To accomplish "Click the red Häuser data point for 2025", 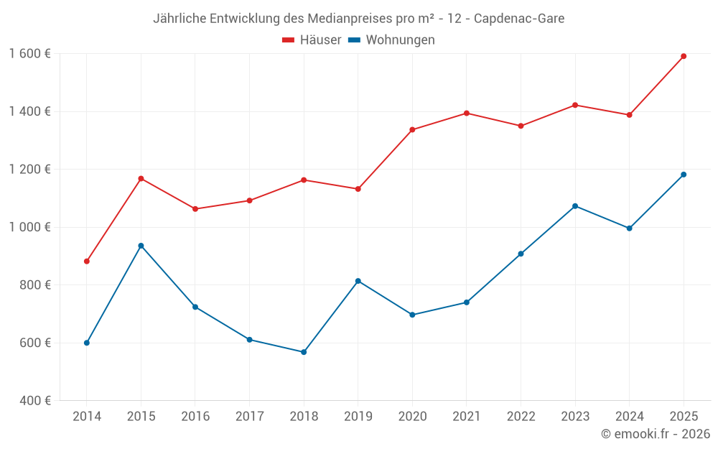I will tap(684, 56).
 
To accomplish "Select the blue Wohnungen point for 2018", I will tap(304, 352).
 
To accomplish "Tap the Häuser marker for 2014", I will tap(87, 261).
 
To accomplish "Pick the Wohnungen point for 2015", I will tap(141, 246).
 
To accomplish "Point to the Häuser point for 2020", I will tap(412, 130).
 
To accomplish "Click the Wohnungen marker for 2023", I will tap(575, 206).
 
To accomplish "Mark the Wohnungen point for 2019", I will tap(358, 281).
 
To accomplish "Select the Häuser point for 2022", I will tap(521, 126).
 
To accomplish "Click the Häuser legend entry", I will tap(312, 40).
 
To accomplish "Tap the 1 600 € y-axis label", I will tap(29, 54).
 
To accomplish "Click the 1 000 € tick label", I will tap(29, 227).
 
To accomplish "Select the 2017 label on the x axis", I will tap(249, 417).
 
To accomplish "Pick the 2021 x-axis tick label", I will tap(466, 417).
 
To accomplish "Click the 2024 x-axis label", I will tap(629, 417).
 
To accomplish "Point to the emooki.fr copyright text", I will tap(655, 434).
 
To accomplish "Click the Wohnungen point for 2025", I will tap(684, 175).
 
